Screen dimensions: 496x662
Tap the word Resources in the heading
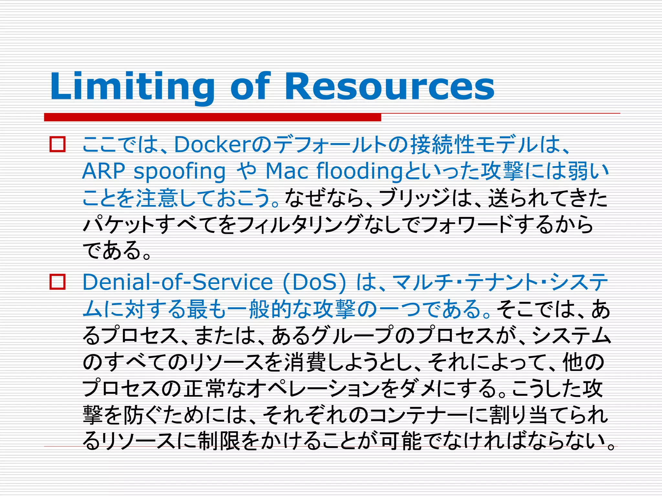pyautogui.click(x=389, y=87)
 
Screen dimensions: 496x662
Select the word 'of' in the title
pyautogui.click(x=250, y=87)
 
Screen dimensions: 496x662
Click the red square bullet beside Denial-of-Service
pyautogui.click(x=58, y=282)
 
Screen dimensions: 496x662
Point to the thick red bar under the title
pyautogui.click(x=212, y=117)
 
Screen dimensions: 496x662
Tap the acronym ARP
pyautogui.click(x=103, y=171)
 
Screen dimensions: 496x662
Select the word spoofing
pyautogui.click(x=180, y=171)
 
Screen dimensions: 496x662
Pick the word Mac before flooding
pyautogui.click(x=286, y=171)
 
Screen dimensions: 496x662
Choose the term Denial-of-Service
pyautogui.click(x=178, y=282)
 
